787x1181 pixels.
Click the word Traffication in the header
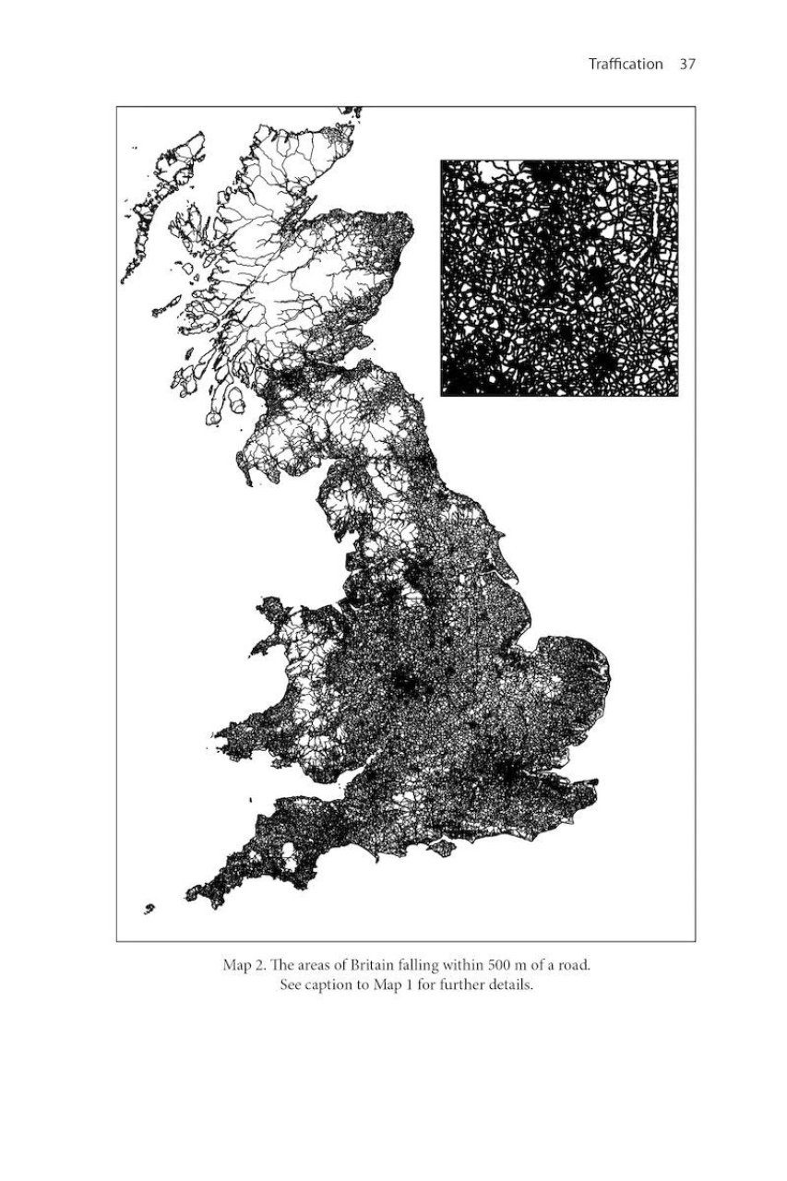point(625,65)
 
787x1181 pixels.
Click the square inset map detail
point(559,279)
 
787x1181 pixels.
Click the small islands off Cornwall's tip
point(149,910)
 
